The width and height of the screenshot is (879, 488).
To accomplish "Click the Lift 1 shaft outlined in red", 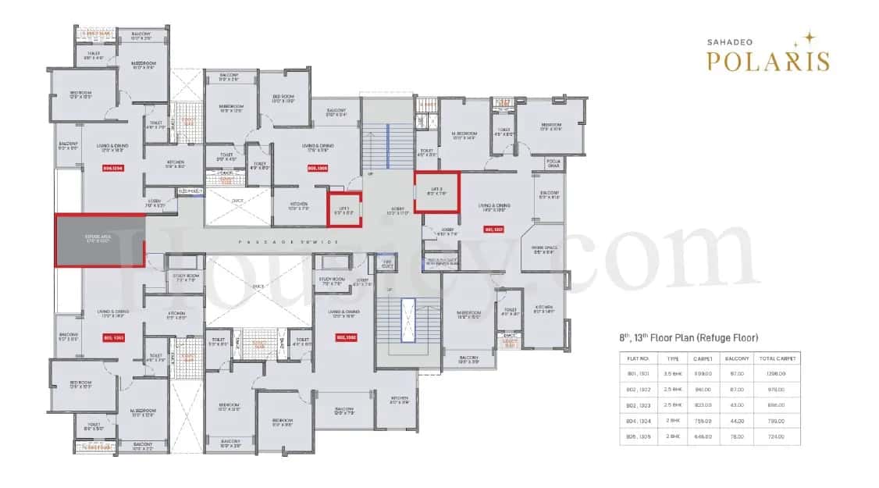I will (x=344, y=209).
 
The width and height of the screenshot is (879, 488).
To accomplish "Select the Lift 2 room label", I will (x=436, y=190).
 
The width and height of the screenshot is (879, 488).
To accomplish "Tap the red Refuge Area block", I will (x=99, y=240).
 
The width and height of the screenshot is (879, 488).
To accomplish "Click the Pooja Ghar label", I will (x=553, y=164).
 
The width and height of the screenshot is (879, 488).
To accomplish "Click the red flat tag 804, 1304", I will (x=112, y=168).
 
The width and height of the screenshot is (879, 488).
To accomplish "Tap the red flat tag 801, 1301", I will (x=494, y=230).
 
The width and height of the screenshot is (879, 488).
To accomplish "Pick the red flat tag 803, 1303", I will (x=113, y=337).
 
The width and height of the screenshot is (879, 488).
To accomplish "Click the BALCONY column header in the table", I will (x=736, y=358).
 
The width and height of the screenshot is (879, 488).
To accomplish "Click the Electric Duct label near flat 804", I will (x=190, y=191).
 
